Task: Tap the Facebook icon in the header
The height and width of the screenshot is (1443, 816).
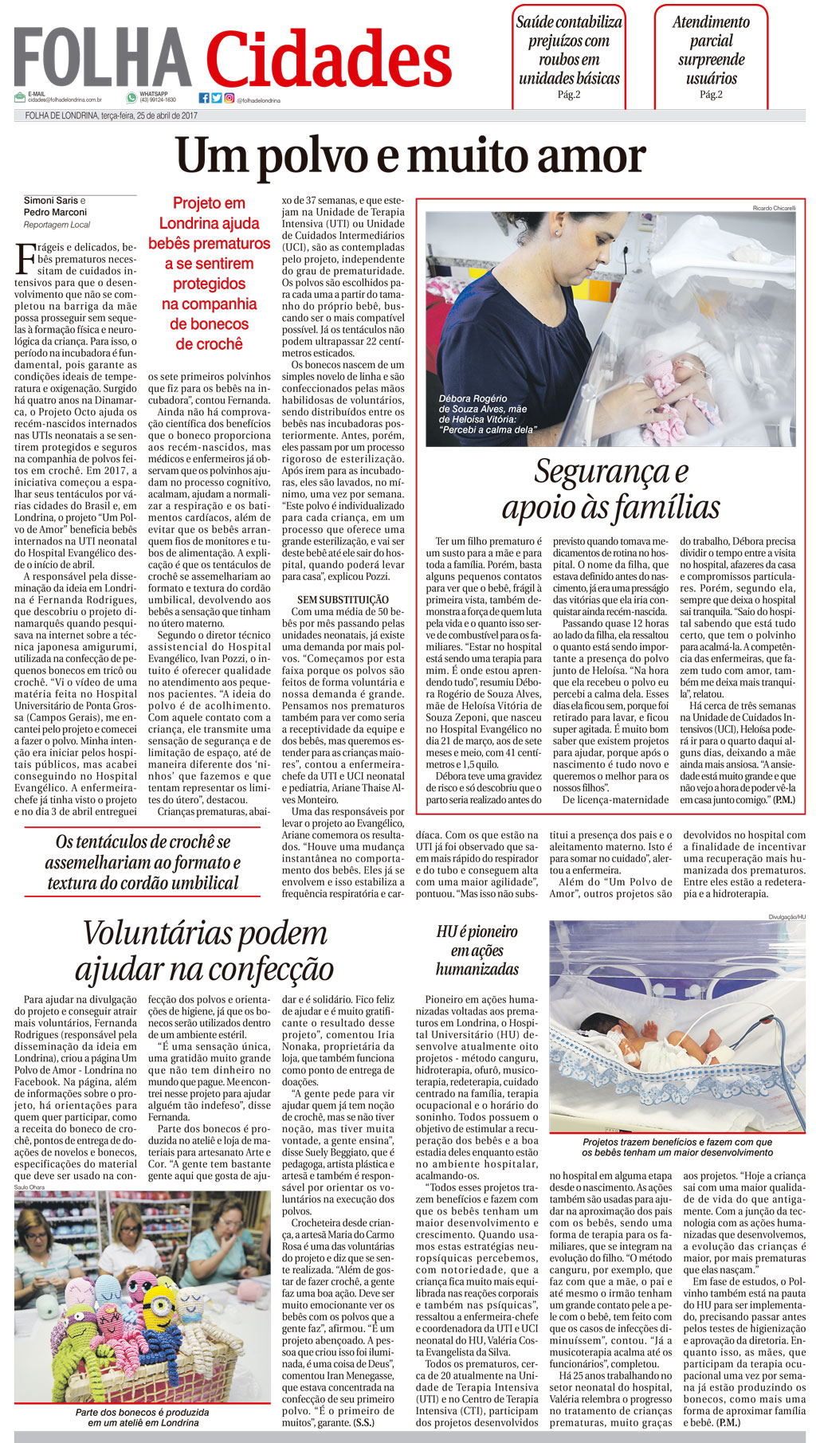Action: pyautogui.click(x=204, y=98)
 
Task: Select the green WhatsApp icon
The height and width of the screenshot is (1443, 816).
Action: pyautogui.click(x=131, y=97)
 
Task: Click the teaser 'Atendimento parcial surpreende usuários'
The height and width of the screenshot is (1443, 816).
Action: pyautogui.click(x=711, y=50)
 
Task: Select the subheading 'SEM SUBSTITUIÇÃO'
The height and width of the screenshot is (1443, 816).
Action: pyautogui.click(x=343, y=599)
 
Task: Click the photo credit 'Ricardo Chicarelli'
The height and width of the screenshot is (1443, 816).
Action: pyautogui.click(x=774, y=208)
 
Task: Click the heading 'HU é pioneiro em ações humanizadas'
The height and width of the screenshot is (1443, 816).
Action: pyautogui.click(x=477, y=951)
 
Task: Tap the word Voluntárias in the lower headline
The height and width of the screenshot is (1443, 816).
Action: pyautogui.click(x=205, y=932)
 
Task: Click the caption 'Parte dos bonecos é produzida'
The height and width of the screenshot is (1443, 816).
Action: pyautogui.click(x=143, y=1412)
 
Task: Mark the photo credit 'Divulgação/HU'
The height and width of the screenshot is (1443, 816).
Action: pyautogui.click(x=787, y=917)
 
